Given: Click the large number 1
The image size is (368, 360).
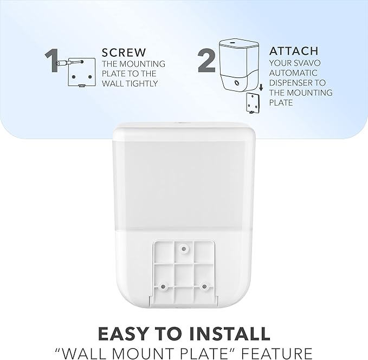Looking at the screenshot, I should (55, 60).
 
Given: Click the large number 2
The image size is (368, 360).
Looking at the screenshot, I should (207, 61).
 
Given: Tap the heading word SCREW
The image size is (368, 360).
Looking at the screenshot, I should (124, 53).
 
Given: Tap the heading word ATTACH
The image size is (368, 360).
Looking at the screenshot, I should (294, 51).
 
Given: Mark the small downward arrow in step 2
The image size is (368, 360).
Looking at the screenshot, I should (261, 86).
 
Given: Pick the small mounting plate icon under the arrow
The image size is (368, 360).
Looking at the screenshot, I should (251, 102).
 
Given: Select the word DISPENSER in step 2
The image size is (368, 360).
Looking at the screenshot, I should (290, 83).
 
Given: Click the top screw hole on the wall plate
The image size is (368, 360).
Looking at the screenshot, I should (184, 248).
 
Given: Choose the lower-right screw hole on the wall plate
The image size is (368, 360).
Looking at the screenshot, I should (204, 285).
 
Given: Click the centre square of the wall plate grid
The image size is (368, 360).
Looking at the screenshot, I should (184, 269).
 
